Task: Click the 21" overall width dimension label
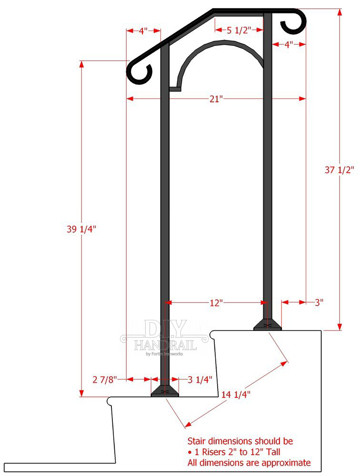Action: click(216, 99)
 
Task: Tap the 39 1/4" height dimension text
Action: click(81, 229)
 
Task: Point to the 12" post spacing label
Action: click(216, 303)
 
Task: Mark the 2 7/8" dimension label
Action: click(104, 379)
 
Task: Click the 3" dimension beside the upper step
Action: click(319, 302)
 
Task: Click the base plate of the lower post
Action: click(165, 391)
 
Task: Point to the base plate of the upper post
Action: click(267, 325)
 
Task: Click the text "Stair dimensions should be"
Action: click(240, 441)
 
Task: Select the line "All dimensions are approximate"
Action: click(249, 463)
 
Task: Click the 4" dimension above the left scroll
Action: click(143, 31)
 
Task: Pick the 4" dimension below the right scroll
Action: click(289, 45)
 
